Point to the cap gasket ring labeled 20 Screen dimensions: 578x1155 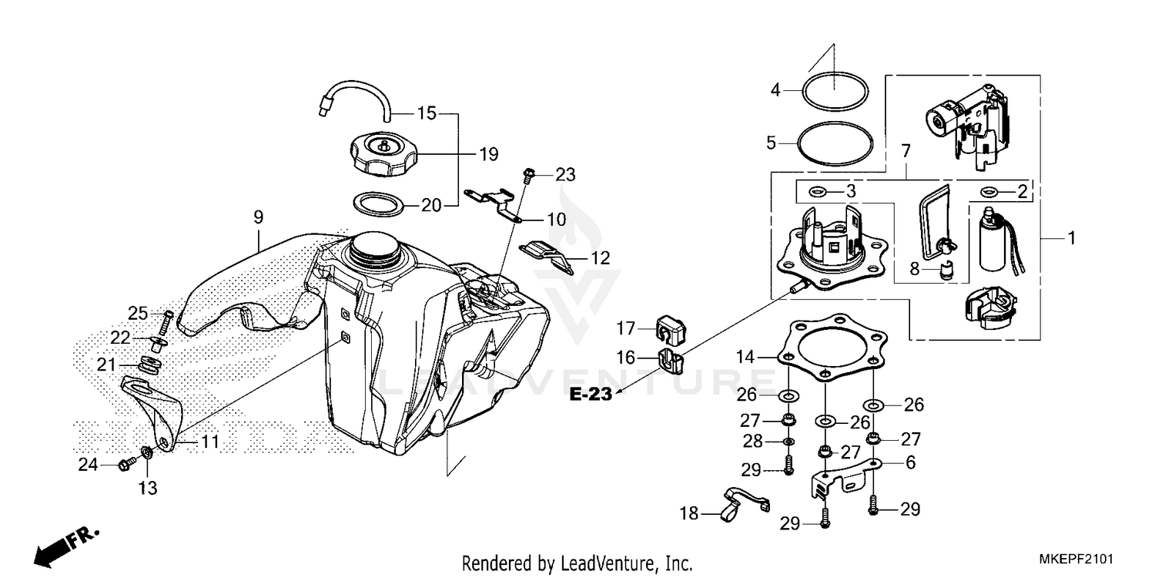pyautogui.click(x=378, y=205)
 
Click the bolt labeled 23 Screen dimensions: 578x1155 pyautogui.click(x=528, y=176)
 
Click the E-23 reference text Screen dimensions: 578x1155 pyautogui.click(x=591, y=395)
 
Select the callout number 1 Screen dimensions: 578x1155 pyautogui.click(x=1070, y=239)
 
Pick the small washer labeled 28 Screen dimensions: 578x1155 pyautogui.click(x=788, y=442)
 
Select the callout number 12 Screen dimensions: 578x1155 pyautogui.click(x=601, y=258)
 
